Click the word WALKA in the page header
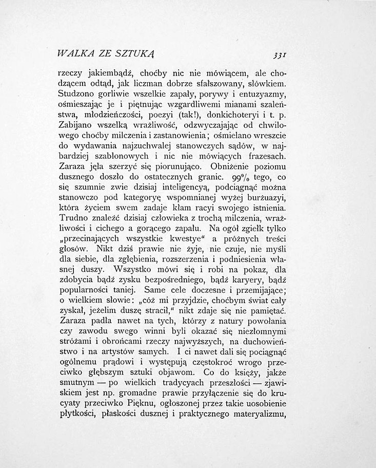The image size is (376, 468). (x=74, y=53)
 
